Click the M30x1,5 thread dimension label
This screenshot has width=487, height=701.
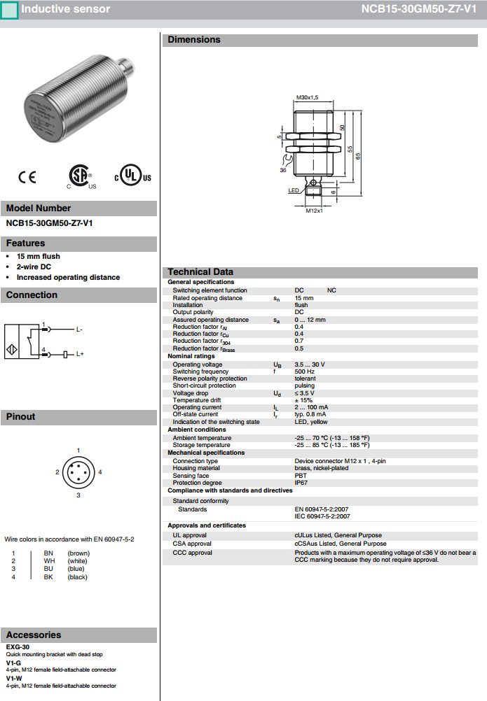coord(307,97)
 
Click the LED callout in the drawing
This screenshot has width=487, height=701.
coord(294,190)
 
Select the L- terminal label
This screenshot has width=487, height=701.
coord(79,329)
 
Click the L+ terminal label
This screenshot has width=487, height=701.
coord(80,355)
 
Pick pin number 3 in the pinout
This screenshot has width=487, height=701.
coord(78,495)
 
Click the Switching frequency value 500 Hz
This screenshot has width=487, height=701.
coord(305,371)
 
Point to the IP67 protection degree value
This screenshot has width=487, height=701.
coord(301,483)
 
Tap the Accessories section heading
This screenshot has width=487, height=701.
coord(34,635)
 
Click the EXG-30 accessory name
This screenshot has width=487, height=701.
coord(18,647)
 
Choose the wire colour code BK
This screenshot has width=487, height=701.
coord(48,576)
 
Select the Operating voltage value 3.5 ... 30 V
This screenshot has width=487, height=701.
coord(310,364)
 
